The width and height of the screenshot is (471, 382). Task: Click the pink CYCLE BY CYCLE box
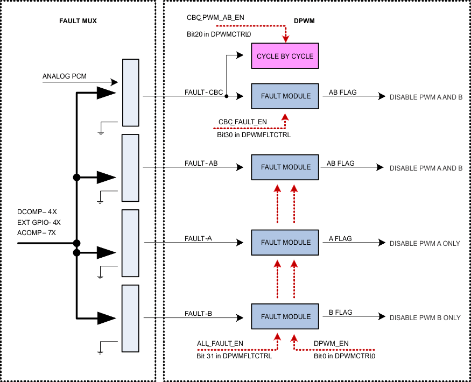[x=285, y=56]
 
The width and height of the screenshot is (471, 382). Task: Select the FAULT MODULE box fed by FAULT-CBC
[x=285, y=96]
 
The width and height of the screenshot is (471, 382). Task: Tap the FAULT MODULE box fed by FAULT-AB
[x=285, y=167]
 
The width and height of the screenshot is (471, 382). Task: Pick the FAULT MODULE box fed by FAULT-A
[x=285, y=243]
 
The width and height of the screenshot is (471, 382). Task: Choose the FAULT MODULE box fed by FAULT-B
[x=285, y=317]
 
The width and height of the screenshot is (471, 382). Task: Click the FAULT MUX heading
[x=78, y=21]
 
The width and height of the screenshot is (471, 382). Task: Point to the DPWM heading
[x=304, y=21]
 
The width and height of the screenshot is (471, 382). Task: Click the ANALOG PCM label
[x=64, y=76]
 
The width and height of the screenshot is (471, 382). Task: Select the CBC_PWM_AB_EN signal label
[x=215, y=18]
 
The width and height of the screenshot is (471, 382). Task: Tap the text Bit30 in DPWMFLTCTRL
[x=254, y=135]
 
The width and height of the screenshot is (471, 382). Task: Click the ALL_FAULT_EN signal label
[x=220, y=343]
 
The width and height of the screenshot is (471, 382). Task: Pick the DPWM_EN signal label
[x=332, y=343]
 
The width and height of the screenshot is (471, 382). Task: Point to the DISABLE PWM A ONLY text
[x=425, y=243]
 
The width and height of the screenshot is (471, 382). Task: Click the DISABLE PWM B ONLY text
[x=425, y=317]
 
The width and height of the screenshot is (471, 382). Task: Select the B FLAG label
[x=340, y=312]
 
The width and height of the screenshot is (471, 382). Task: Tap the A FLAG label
[x=340, y=237]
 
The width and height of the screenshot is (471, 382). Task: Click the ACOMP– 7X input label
[x=37, y=232]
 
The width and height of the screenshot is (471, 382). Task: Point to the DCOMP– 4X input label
[x=37, y=212]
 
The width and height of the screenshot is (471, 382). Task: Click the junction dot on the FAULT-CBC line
[x=226, y=97]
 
